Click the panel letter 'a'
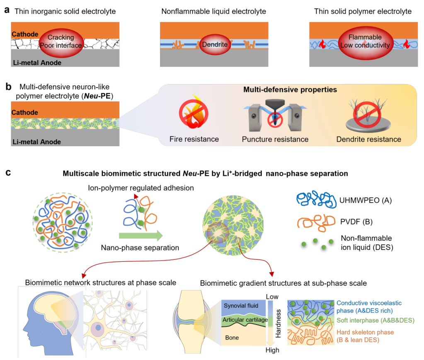[x=7, y=10]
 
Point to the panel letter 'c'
[x=7, y=172]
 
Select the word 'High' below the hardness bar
[x=272, y=350]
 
